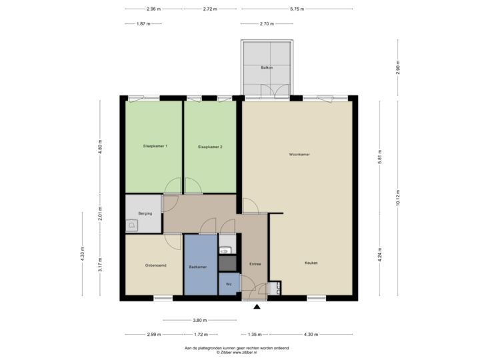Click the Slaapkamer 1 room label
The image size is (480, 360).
(155, 146)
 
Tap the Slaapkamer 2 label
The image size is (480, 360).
(210, 146)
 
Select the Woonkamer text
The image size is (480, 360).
(299, 154)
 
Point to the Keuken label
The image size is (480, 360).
(311, 263)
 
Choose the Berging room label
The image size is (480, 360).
(145, 213)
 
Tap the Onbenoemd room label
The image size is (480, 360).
(155, 265)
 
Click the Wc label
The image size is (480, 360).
(229, 284)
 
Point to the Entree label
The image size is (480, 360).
(255, 264)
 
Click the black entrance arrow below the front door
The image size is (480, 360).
(255, 307)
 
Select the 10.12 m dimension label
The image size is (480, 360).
(398, 197)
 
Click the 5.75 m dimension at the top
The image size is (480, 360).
(297, 9)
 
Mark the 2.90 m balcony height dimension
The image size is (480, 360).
(398, 68)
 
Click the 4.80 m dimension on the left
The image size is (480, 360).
(100, 146)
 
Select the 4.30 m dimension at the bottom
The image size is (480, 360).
(311, 334)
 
